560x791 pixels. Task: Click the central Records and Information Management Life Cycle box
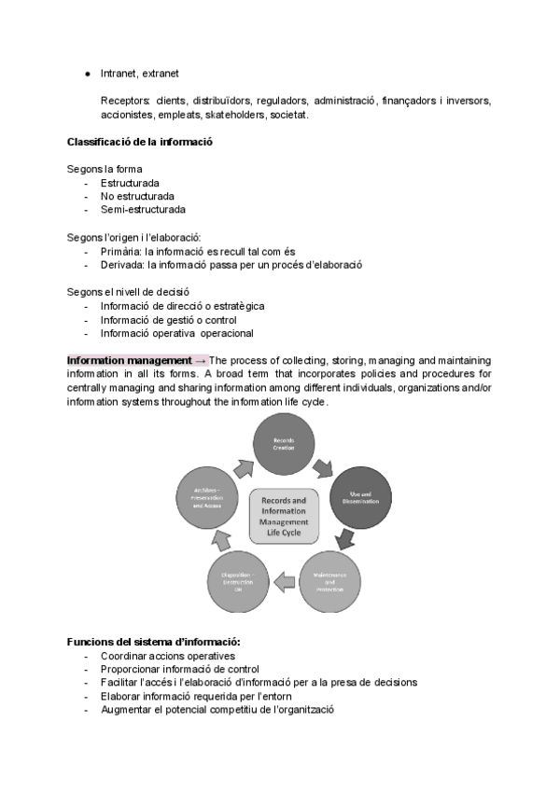click(x=284, y=516)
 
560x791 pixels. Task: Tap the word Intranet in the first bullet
click(x=119, y=73)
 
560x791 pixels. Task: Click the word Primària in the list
click(x=121, y=251)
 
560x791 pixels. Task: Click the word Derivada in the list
click(x=121, y=265)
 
